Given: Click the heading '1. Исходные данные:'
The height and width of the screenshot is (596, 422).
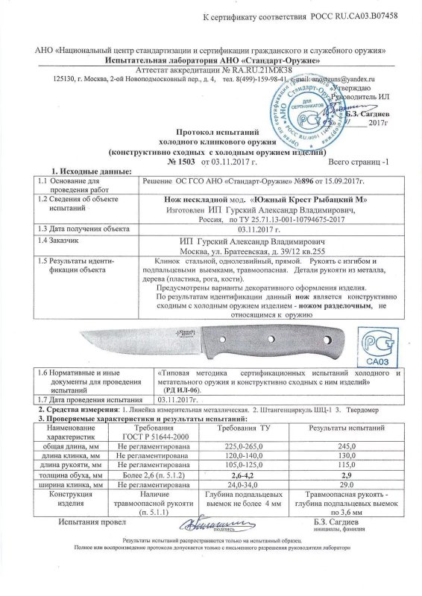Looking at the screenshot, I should click(x=65, y=171).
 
